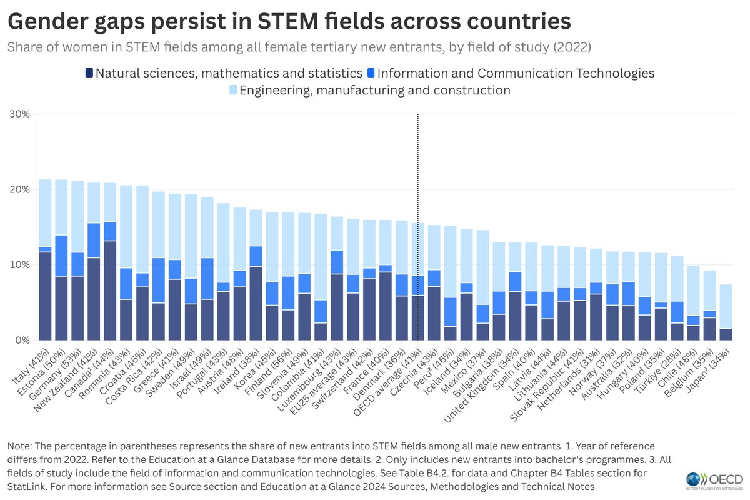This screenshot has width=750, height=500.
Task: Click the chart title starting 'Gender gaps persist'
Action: (x=289, y=21)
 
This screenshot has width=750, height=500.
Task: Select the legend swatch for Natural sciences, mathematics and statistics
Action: (x=89, y=73)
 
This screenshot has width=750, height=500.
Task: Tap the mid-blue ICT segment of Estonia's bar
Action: (x=61, y=256)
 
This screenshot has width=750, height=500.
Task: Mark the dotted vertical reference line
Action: (x=417, y=187)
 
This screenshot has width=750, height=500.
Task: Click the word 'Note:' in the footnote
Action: (x=21, y=447)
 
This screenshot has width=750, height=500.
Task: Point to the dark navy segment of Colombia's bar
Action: (x=320, y=331)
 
